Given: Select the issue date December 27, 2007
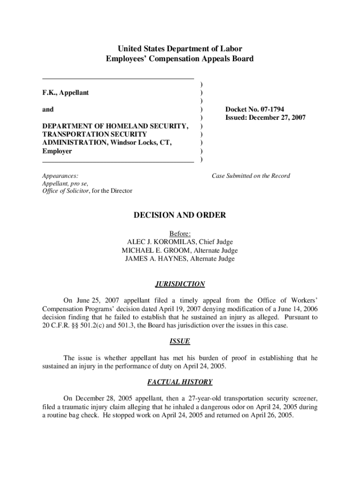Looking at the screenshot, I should (278, 118).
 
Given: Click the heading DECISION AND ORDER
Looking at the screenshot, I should (180, 215).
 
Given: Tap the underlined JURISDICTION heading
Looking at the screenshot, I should (180, 284).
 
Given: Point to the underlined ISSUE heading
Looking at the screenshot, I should (180, 341).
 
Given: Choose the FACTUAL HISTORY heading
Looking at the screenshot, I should (180, 382).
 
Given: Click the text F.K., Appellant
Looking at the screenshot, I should (65, 93).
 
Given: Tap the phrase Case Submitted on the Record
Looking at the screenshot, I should (251, 176).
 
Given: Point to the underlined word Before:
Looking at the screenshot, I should (180, 233).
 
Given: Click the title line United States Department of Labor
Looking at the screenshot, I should (180, 49).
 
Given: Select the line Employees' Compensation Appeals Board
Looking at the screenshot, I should (180, 59).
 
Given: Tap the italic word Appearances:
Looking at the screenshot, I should (60, 176).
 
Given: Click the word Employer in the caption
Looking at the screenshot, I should (57, 152).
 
